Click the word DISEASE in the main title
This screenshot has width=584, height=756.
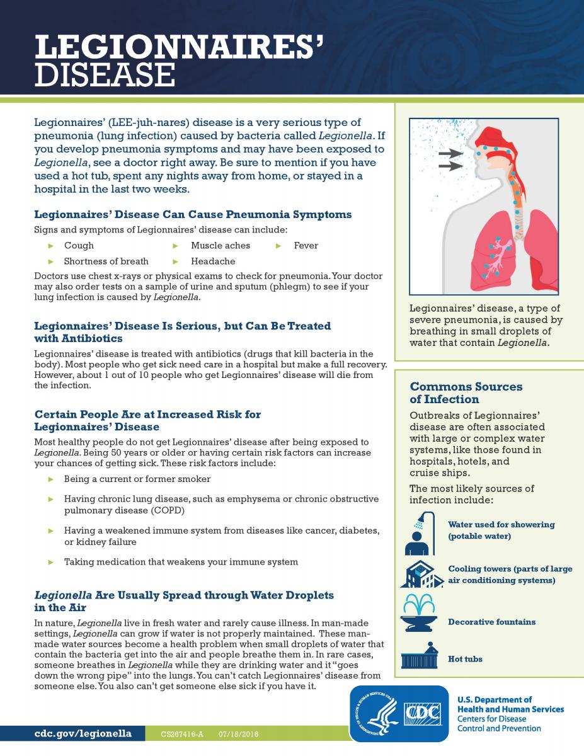105,74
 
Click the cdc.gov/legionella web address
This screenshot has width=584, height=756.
83,734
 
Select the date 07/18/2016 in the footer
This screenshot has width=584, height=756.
239,735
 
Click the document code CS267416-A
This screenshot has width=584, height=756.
183,735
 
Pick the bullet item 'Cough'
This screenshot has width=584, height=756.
79,246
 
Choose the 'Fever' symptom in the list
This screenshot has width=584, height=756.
306,246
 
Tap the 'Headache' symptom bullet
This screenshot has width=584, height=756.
213,261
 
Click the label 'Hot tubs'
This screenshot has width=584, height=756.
465,659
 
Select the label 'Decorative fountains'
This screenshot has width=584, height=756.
491,622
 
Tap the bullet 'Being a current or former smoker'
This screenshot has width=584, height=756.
137,479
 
